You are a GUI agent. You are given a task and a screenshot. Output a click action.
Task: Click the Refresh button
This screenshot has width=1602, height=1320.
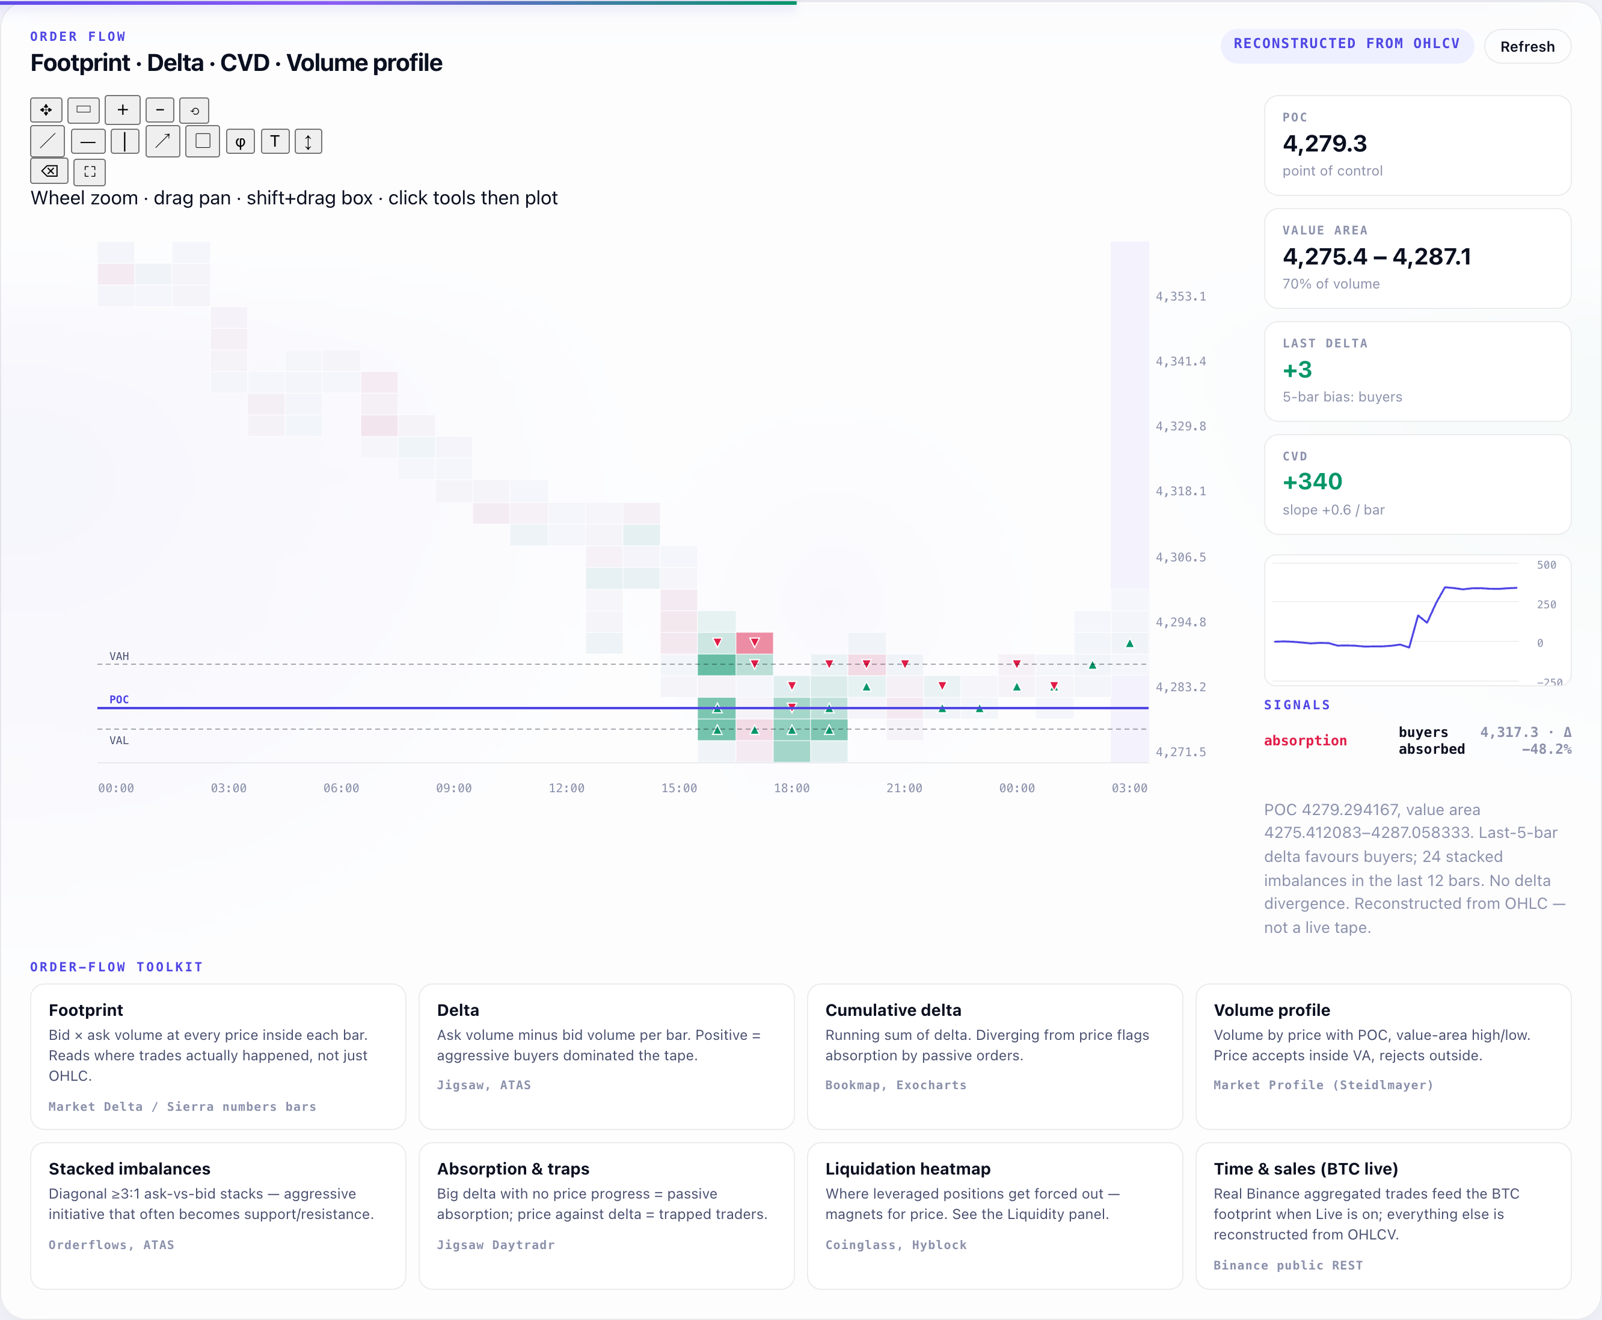click(1527, 46)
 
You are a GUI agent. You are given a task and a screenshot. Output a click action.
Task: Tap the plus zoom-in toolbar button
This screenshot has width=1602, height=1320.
click(123, 110)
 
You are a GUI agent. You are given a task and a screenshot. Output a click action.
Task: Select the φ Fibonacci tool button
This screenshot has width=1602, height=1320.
click(241, 141)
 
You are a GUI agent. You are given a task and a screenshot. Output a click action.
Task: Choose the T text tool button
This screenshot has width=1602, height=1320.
click(275, 141)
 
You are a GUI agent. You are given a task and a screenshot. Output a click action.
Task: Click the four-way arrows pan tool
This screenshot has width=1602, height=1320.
click(46, 110)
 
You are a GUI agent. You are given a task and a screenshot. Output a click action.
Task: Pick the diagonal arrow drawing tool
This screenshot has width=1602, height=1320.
click(163, 141)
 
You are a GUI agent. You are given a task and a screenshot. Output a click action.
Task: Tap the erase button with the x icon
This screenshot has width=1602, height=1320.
click(49, 171)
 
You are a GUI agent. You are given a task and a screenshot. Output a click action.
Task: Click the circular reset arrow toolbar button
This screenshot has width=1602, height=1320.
click(195, 110)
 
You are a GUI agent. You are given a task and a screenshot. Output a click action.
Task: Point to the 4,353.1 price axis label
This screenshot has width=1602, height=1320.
click(1180, 296)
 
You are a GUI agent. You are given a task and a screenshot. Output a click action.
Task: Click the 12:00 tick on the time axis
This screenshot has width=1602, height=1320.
click(566, 789)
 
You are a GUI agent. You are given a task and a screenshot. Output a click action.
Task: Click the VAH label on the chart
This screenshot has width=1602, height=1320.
click(120, 656)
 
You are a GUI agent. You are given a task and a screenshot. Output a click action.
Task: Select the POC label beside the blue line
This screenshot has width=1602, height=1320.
click(120, 700)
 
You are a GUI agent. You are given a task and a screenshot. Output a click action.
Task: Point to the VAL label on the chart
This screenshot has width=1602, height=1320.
click(120, 741)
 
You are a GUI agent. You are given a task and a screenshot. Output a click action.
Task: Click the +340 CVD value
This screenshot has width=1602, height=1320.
click(1312, 481)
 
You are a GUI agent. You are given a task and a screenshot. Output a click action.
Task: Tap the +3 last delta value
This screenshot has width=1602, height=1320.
click(1297, 370)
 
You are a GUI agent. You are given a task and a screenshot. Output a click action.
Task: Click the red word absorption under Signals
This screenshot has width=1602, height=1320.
click(1306, 741)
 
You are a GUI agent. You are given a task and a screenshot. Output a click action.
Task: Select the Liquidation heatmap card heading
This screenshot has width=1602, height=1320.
click(907, 1169)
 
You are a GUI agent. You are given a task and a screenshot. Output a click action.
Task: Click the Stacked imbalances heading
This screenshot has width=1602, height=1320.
click(129, 1169)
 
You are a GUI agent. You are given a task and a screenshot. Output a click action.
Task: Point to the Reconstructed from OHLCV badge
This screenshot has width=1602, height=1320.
click(1346, 44)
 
